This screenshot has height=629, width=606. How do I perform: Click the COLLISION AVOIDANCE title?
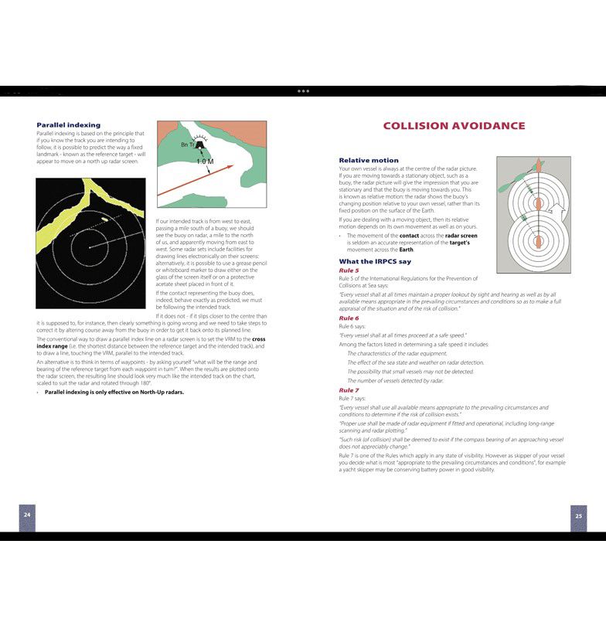coord(454,126)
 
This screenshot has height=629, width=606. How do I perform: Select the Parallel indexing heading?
coord(69,124)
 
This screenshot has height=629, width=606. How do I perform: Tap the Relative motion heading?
coord(369,161)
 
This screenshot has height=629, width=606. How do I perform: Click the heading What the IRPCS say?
coord(375,261)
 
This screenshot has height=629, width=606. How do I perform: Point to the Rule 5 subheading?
coord(349,270)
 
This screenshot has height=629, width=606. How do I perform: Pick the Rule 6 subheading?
coord(349,318)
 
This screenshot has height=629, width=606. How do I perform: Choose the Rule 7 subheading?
coord(349,390)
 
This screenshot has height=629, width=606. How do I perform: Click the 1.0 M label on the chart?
coord(205,161)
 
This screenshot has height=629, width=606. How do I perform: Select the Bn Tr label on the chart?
coord(187,144)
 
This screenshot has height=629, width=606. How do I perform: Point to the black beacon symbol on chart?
coord(201,144)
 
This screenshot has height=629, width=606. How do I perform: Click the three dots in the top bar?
coord(303,90)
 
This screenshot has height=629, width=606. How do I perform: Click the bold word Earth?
coord(406,250)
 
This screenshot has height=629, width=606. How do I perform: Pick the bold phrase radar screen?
coord(461,235)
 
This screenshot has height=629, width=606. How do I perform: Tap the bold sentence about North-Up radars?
coord(114,392)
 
